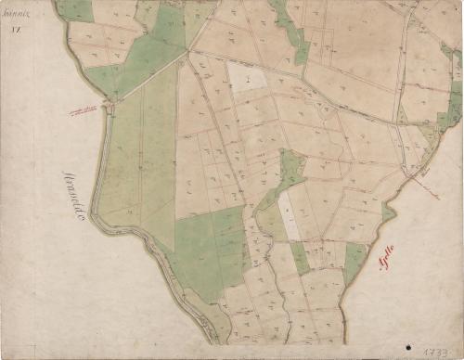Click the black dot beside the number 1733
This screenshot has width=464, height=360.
407,348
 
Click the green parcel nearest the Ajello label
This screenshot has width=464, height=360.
354,261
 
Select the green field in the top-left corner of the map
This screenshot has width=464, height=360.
76,10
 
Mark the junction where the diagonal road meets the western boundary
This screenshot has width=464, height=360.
110,105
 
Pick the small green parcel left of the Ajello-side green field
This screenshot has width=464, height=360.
300,257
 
